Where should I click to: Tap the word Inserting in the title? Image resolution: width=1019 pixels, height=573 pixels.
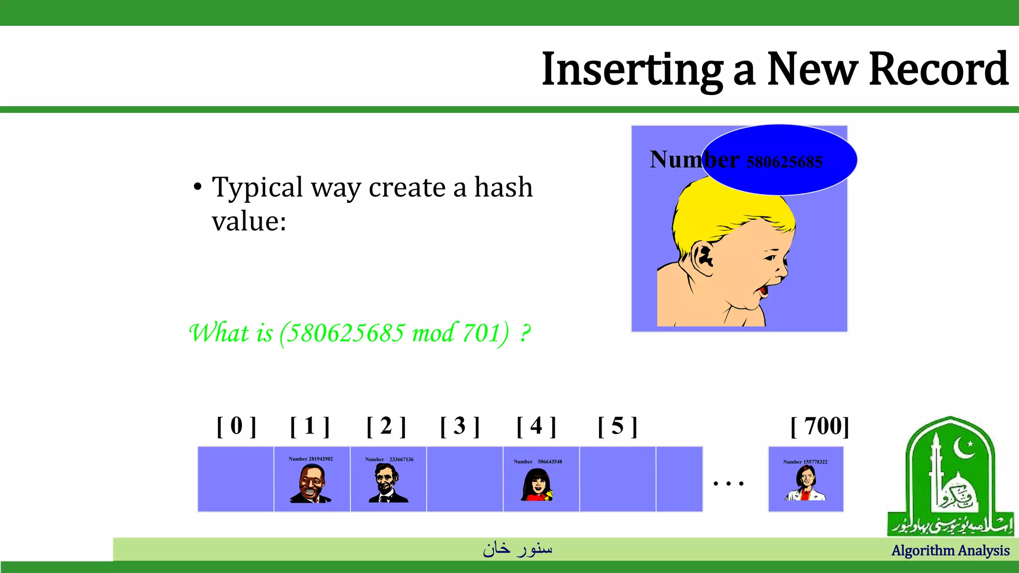click(632, 70)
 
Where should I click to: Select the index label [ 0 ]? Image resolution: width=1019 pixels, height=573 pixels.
click(236, 426)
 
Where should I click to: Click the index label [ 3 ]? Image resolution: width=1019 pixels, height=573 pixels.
click(460, 426)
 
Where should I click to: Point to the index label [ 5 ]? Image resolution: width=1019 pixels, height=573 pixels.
click(617, 426)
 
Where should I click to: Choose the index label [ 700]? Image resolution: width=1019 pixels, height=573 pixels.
click(820, 426)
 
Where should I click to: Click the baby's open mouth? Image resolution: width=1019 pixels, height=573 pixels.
click(763, 290)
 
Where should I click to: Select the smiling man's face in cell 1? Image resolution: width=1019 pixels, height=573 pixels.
click(311, 483)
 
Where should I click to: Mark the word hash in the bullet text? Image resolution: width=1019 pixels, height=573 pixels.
click(503, 188)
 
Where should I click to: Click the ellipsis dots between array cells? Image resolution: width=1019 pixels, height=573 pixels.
click(728, 483)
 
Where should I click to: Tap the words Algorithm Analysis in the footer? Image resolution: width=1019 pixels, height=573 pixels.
click(950, 551)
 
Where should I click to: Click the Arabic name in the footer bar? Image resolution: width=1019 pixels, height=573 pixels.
click(517, 549)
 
